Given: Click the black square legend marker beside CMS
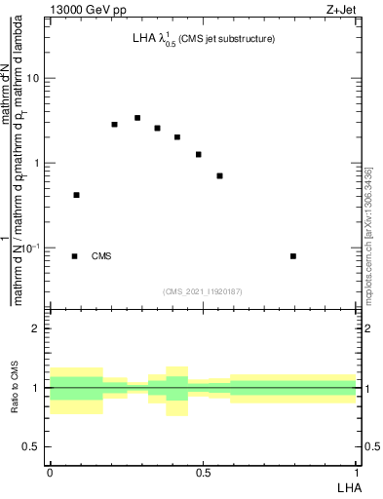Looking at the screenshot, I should point(75,256).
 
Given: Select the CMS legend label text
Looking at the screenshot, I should point(101,256).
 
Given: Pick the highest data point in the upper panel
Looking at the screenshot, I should point(137,118).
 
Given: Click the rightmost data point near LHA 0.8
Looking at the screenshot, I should point(293,256).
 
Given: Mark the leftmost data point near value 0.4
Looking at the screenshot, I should point(76,195).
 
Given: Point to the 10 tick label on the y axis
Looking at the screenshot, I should point(35,78).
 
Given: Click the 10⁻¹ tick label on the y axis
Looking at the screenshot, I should point(32,247).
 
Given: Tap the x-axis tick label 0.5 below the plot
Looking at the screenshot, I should point(203,473).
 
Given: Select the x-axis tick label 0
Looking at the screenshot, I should point(50,473).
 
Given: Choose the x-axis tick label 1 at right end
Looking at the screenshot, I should point(356,473).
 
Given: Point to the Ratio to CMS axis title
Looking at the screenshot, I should point(15,388).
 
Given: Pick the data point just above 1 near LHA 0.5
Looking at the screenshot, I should point(199,154).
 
